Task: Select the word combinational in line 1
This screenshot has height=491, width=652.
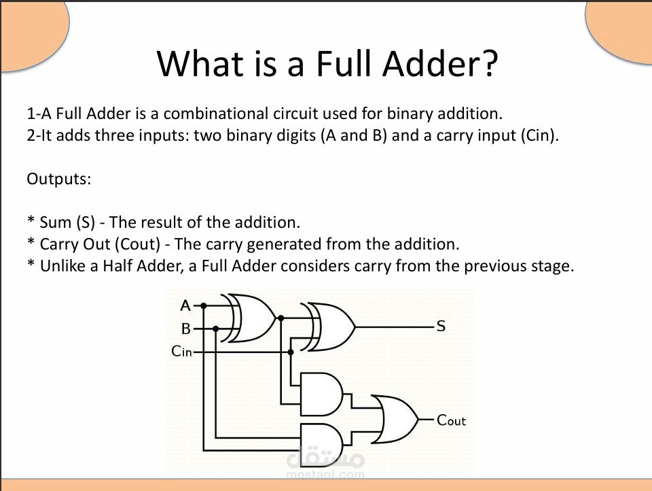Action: [x=215, y=114]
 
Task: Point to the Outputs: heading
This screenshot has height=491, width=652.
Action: [x=58, y=179]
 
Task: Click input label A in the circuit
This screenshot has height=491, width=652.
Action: [x=185, y=305]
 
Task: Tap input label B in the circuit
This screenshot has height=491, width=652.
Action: [x=186, y=328]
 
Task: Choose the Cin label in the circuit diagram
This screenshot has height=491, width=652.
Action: [x=182, y=352]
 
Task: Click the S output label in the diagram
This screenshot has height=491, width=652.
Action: [x=441, y=326]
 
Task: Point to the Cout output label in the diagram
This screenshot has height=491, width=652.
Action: [x=451, y=420]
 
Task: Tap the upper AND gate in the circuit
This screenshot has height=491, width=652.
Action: [x=321, y=394]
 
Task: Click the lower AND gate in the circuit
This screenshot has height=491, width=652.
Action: [x=321, y=445]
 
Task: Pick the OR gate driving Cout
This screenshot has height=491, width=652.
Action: [x=395, y=420]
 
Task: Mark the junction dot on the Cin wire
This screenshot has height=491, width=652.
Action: [x=291, y=352]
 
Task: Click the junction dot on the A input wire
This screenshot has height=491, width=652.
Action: [x=203, y=306]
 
